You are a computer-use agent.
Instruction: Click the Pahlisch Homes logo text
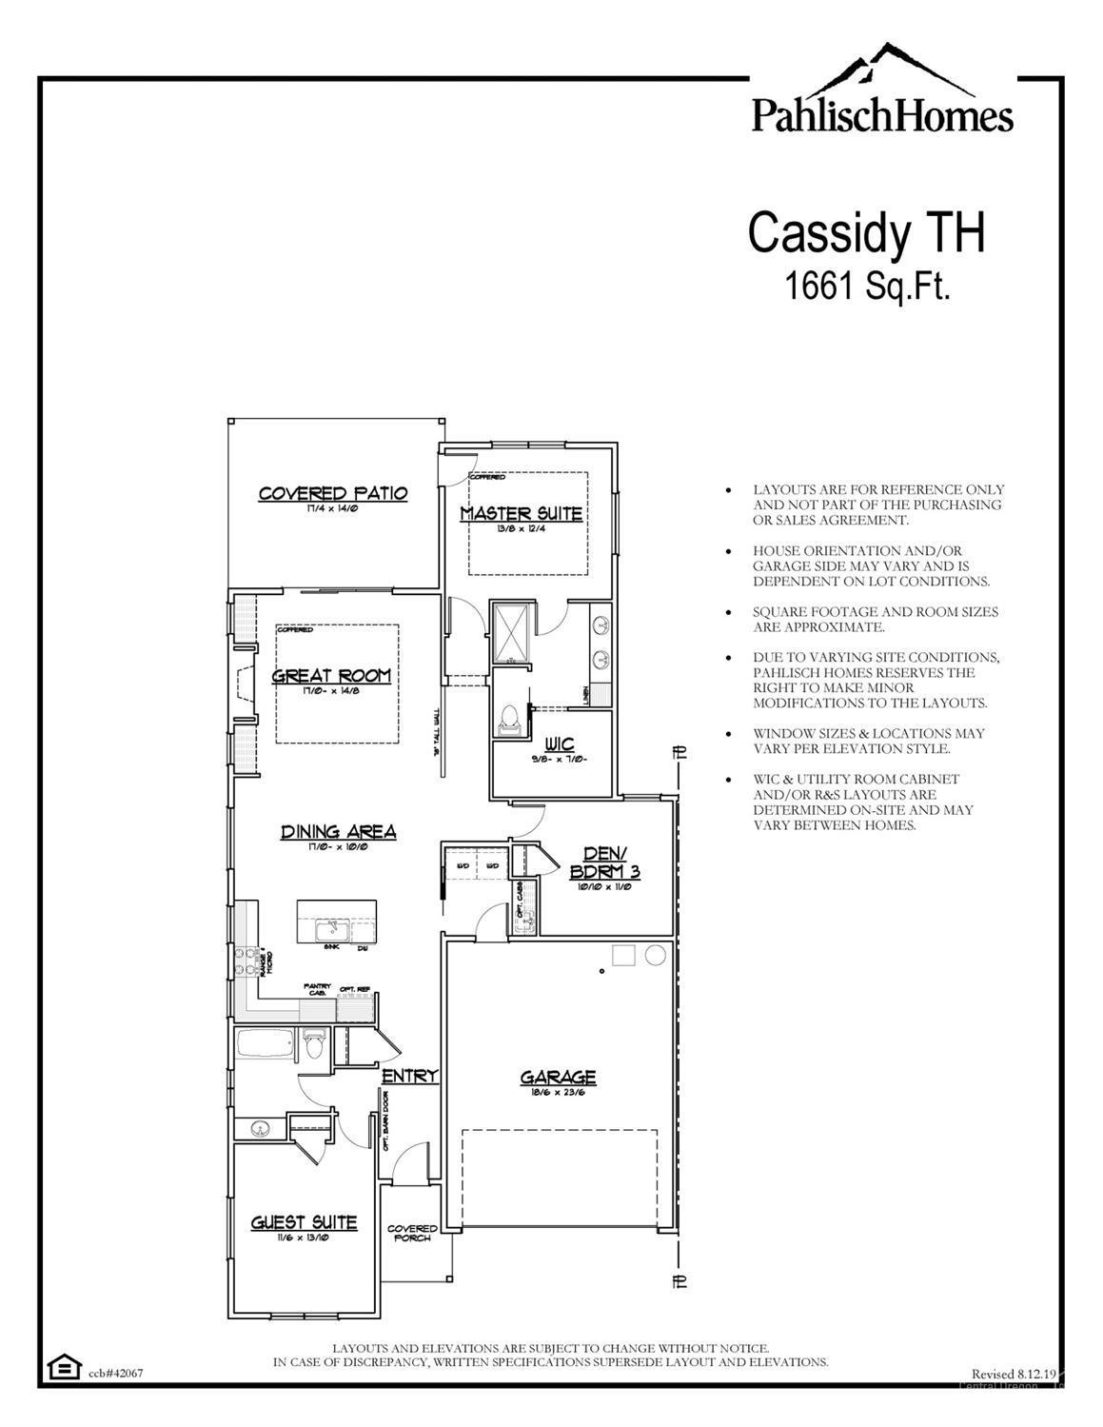(882, 115)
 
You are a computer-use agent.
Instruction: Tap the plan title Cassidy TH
(865, 232)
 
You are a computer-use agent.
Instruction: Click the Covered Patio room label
(333, 493)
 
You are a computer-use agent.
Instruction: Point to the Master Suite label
(522, 514)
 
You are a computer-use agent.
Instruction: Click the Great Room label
(331, 676)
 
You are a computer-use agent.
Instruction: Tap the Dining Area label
(338, 832)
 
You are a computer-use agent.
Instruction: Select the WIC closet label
(559, 743)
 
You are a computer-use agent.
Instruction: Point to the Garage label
(558, 1077)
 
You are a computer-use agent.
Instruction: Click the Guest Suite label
(304, 1222)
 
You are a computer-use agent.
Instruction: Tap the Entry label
(410, 1076)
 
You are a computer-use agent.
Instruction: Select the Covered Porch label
(412, 1233)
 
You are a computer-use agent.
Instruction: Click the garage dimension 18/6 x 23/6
(558, 1091)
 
